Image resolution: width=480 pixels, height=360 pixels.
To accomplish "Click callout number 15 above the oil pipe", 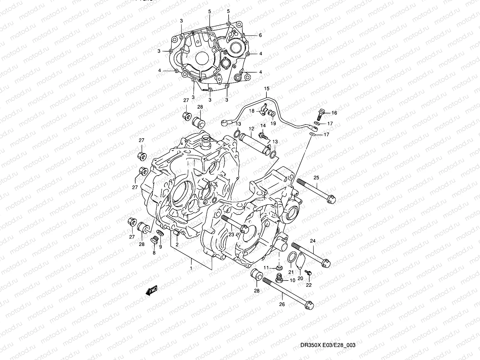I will click(267, 88).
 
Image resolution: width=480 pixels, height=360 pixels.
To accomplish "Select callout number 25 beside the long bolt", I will click(316, 178).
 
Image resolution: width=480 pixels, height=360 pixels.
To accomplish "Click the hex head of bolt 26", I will click(309, 305).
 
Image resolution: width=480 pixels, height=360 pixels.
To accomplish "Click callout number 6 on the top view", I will click(260, 35).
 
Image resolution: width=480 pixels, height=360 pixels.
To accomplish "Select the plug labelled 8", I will click(155, 240).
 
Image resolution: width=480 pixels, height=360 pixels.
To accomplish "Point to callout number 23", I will click(231, 235).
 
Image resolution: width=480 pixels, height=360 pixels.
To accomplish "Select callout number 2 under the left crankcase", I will click(177, 244).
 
